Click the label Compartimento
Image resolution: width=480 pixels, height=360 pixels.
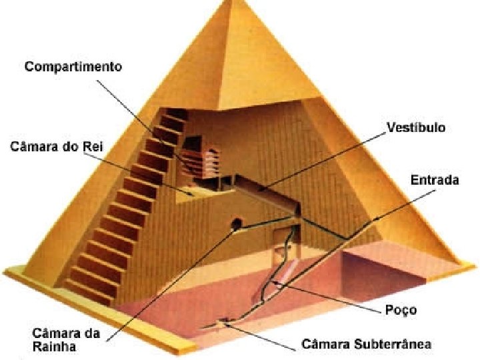73,67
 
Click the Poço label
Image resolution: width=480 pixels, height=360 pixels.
401,310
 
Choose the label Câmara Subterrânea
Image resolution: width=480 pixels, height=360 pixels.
367,345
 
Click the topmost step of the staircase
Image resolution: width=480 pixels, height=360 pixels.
175,116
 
